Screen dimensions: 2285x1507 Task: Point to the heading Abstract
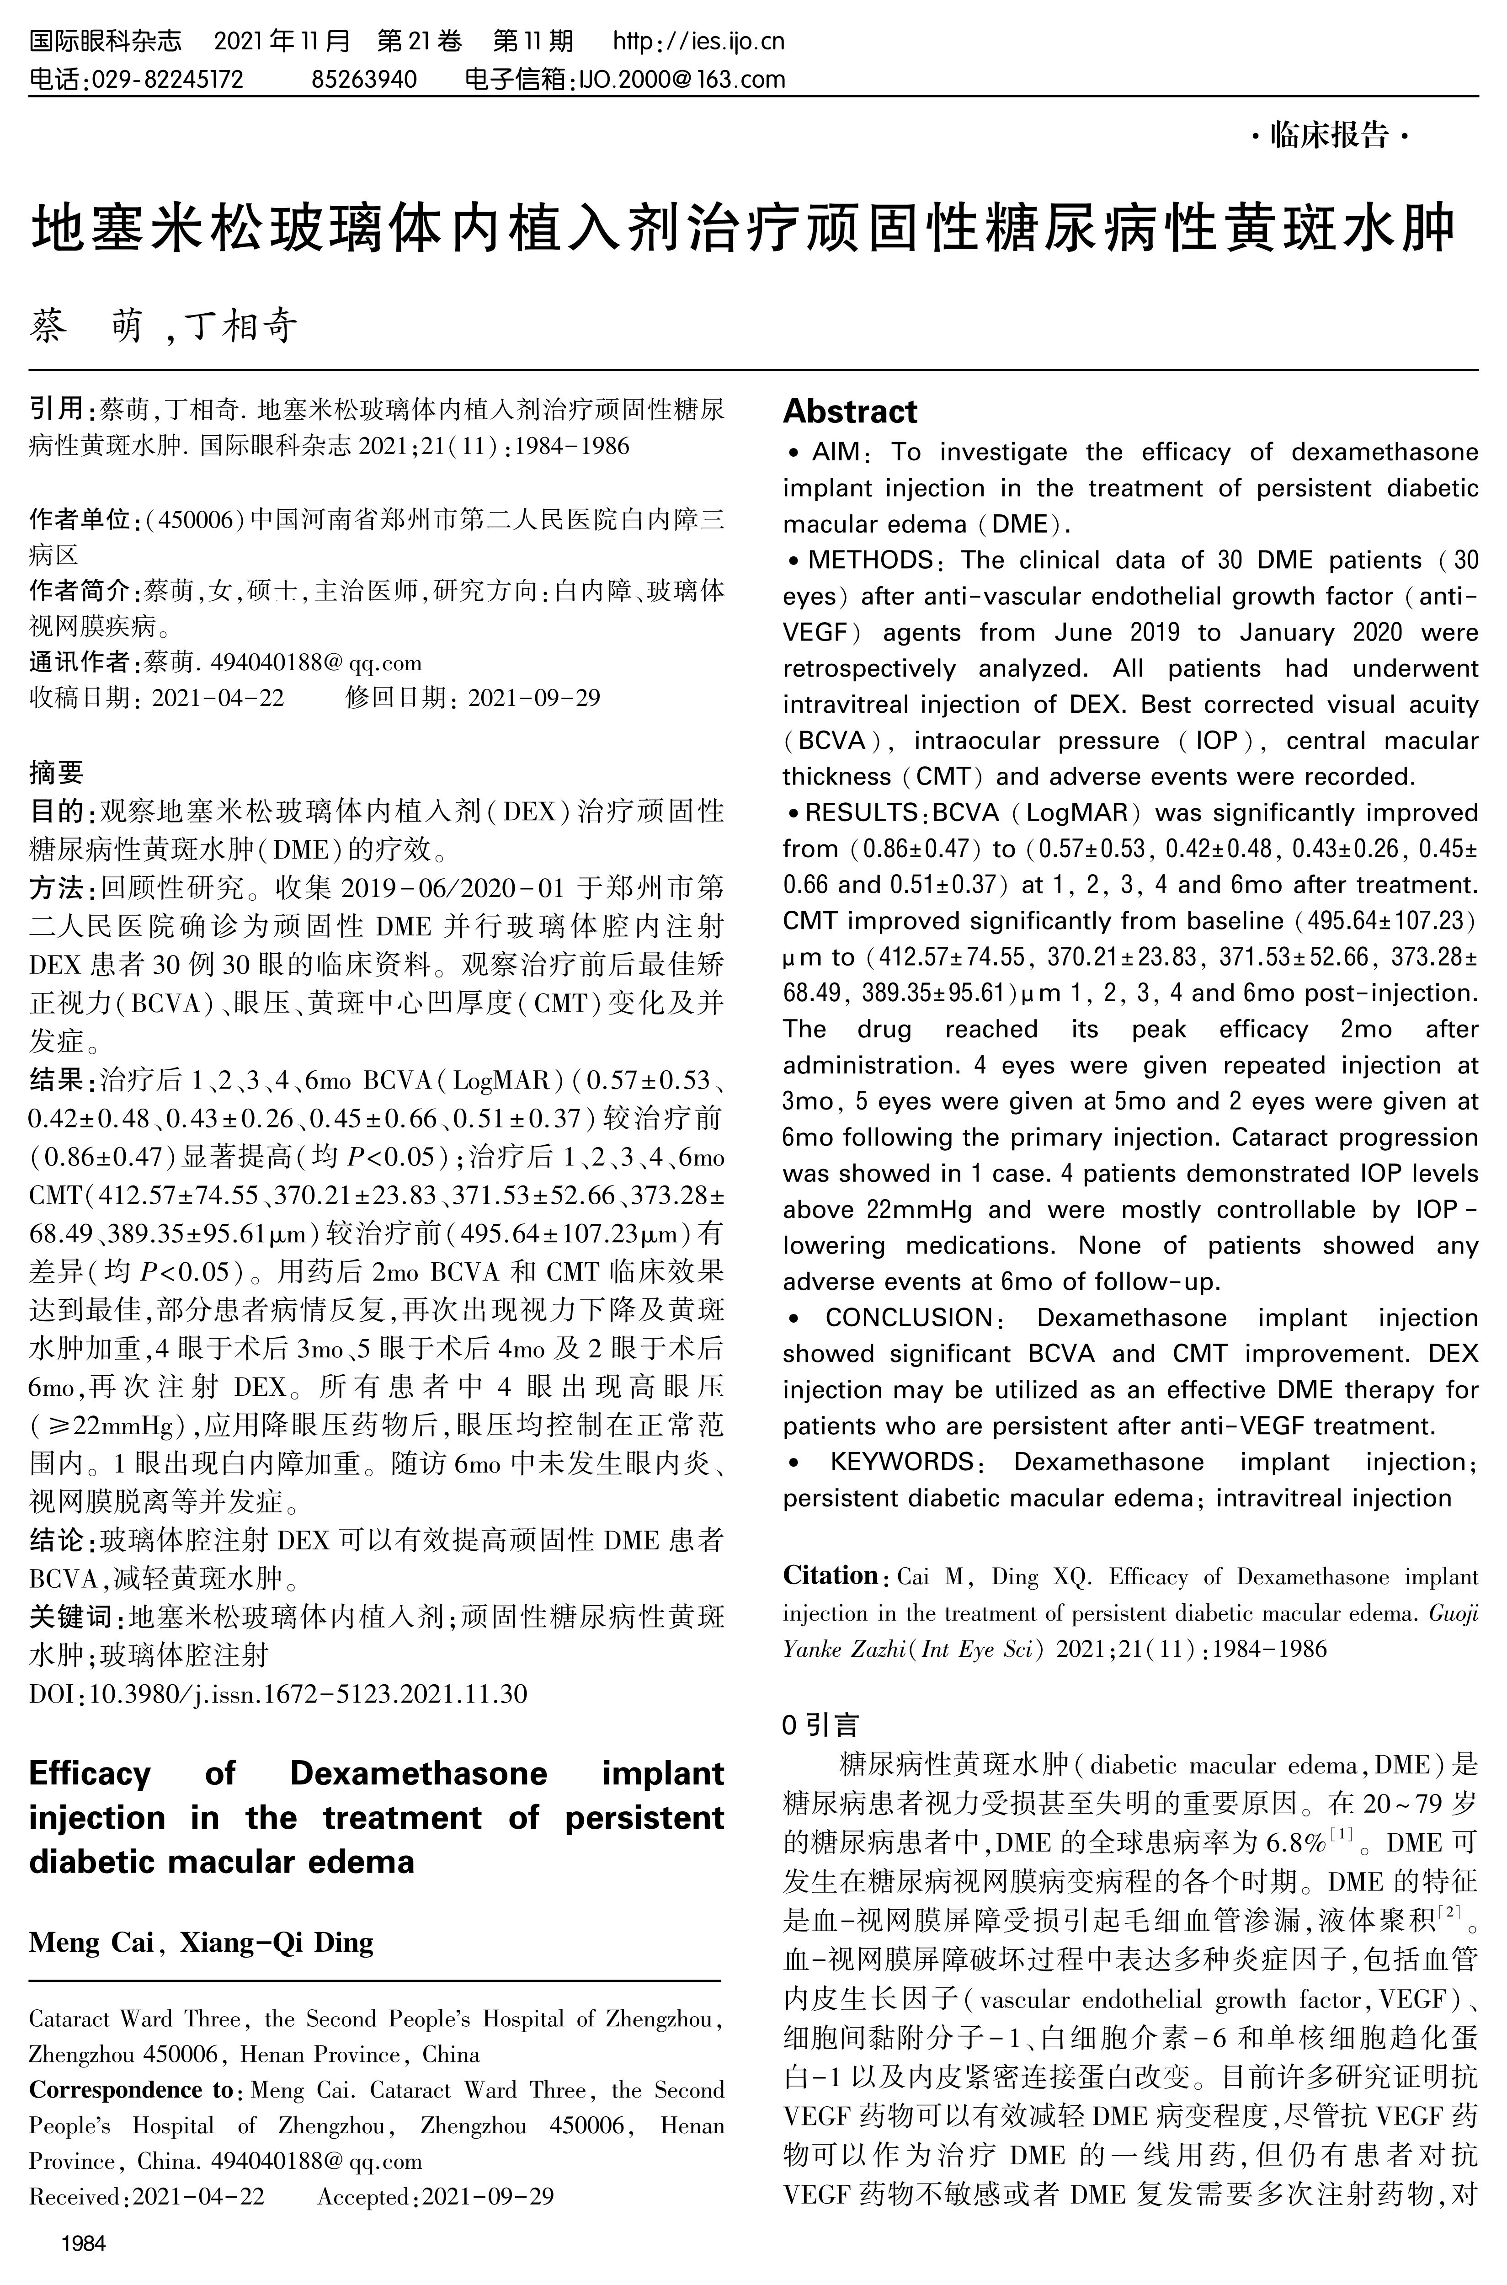[850, 411]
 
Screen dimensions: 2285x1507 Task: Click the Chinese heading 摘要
[56, 772]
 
